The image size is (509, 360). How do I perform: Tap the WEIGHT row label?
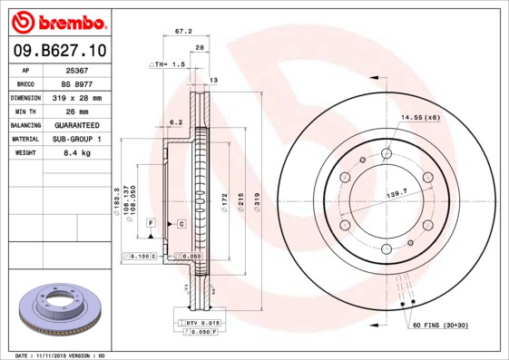click(24, 153)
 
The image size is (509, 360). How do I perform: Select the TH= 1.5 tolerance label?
click(170, 65)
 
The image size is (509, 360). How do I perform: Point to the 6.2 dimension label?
click(176, 122)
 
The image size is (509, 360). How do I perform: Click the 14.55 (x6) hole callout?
click(420, 117)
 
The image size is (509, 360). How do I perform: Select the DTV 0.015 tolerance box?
click(204, 323)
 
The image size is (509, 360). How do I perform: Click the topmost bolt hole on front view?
click(387, 154)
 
